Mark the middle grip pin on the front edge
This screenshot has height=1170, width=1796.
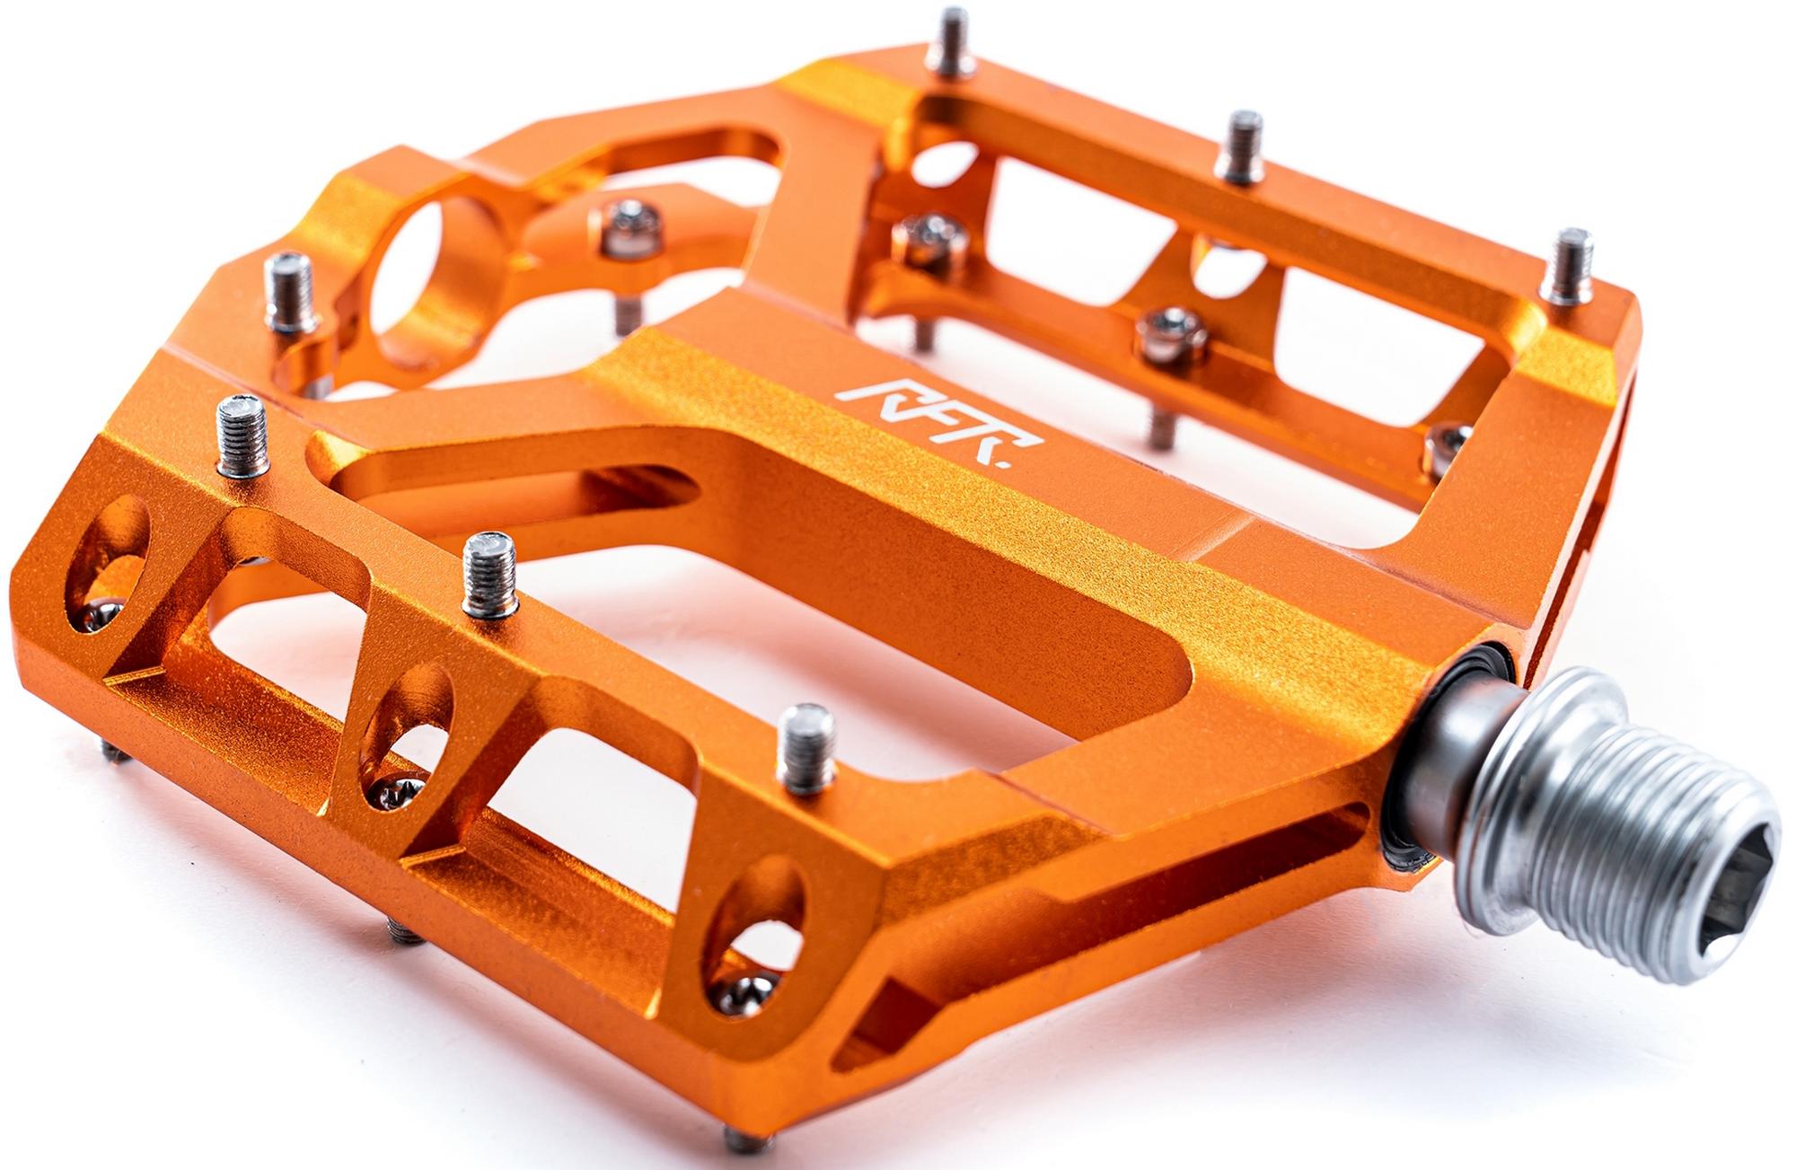point(489,574)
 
